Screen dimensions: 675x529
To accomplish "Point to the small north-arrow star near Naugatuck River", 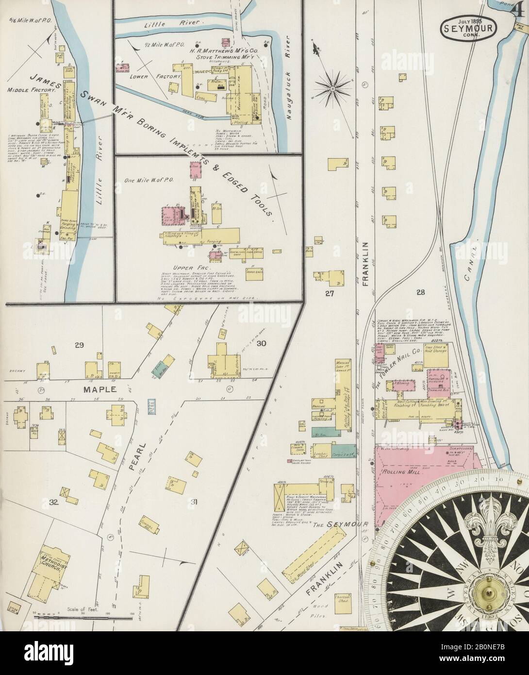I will point(333,89).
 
